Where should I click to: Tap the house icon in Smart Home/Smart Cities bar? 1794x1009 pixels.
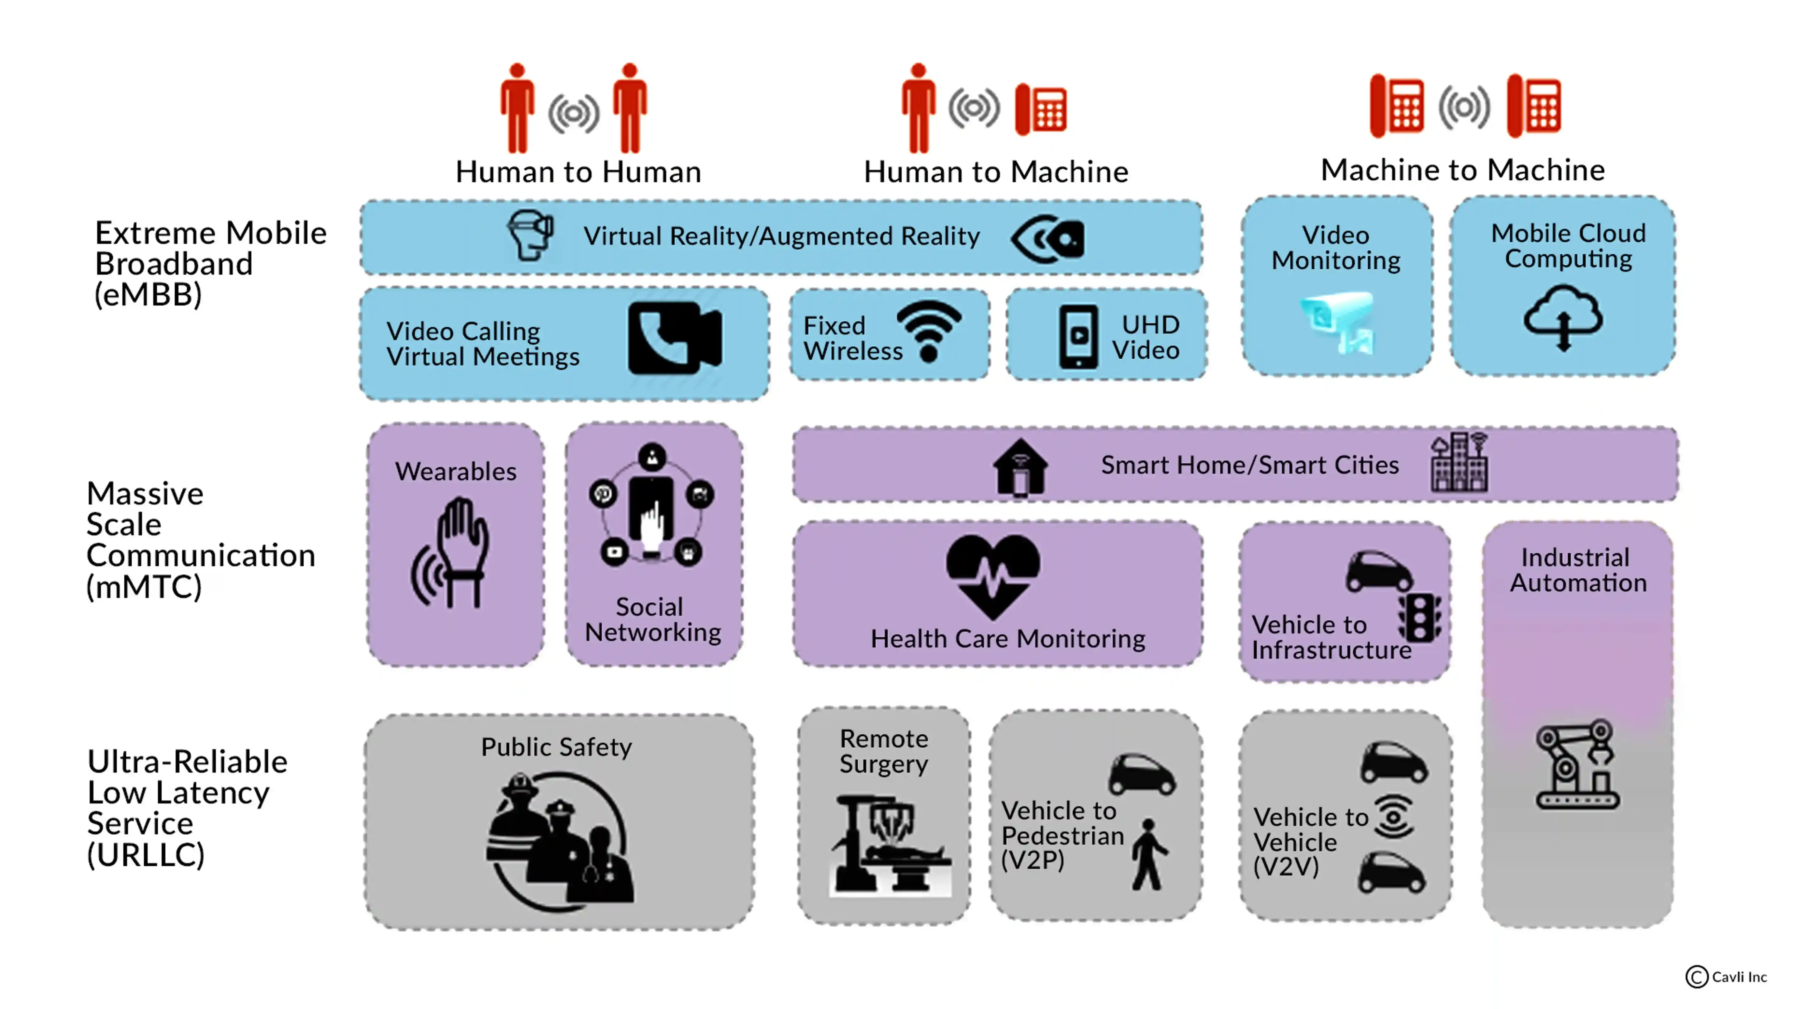[1020, 467]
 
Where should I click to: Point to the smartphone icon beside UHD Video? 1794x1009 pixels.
[1078, 336]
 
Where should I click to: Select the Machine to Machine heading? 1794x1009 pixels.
[1463, 170]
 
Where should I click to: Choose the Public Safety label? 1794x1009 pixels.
[557, 747]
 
